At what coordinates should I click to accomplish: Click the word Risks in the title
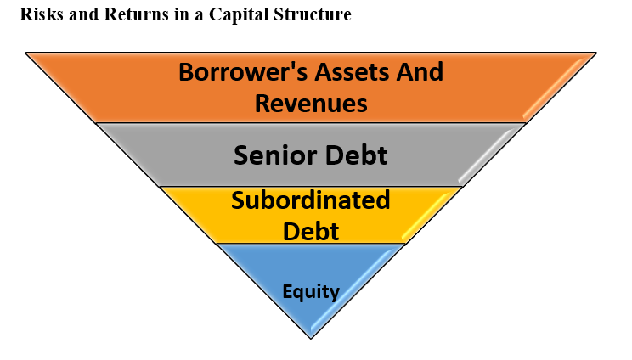[42, 14]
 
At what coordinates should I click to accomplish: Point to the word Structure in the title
[313, 14]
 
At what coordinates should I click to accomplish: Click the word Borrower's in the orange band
[243, 71]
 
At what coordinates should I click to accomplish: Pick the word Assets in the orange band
[353, 71]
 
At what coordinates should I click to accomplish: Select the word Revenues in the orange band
[311, 103]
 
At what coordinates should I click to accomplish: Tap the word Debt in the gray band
[356, 155]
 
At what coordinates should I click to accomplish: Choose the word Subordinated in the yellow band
[311, 200]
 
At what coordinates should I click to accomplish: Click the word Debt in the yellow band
[311, 231]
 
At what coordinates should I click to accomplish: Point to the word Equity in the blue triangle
[311, 292]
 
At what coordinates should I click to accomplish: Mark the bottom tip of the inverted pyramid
[311, 339]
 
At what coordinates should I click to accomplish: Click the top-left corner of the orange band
[25, 53]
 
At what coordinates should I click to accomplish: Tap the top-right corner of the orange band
[596, 53]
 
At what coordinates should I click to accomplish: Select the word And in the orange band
[420, 71]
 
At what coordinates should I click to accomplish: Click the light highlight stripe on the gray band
[487, 156]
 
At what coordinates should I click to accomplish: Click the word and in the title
[83, 14]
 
